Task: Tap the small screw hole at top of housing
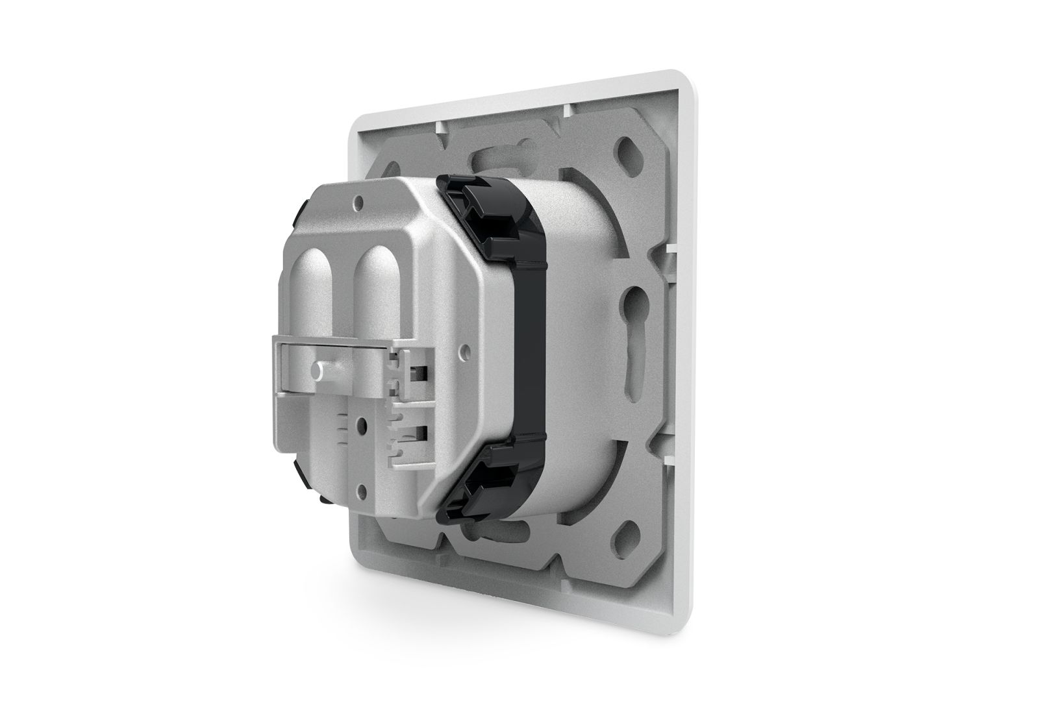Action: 357,207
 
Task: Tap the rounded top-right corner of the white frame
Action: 690,85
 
